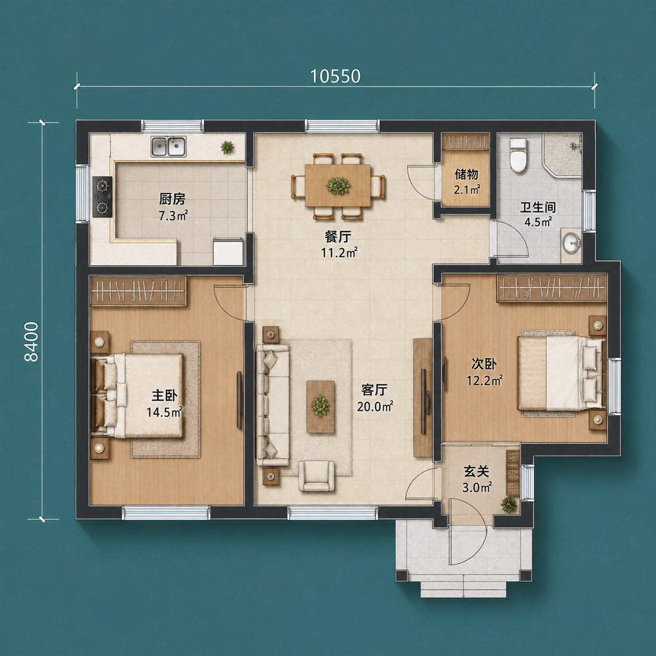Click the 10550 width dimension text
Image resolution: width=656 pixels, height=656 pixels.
(x=335, y=76)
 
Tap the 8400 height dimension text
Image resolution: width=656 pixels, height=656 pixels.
(x=32, y=342)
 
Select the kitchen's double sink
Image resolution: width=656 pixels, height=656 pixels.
(x=168, y=146)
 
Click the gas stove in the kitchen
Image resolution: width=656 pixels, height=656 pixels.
(x=103, y=197)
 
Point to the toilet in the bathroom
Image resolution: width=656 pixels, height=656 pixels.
(x=518, y=155)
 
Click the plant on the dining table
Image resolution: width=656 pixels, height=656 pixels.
(x=338, y=186)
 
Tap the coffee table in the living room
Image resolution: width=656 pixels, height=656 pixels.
(x=320, y=407)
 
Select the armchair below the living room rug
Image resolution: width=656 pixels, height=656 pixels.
(x=316, y=476)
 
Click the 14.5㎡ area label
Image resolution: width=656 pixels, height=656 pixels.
(x=164, y=412)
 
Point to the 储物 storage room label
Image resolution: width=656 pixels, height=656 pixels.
(x=467, y=175)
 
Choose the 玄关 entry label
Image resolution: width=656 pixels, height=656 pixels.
(x=476, y=471)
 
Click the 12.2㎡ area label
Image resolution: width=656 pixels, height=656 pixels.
(x=484, y=380)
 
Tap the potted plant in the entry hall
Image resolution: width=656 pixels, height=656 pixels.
(x=509, y=504)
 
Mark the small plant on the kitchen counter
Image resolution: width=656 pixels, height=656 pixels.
(x=227, y=148)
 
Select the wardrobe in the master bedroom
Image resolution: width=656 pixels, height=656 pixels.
(x=139, y=291)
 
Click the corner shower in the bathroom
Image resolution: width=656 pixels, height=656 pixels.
(x=562, y=155)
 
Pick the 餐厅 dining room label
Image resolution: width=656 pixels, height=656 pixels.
(x=338, y=236)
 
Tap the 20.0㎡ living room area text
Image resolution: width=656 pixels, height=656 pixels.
(x=375, y=406)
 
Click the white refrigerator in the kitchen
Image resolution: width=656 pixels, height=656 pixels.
(x=228, y=252)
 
